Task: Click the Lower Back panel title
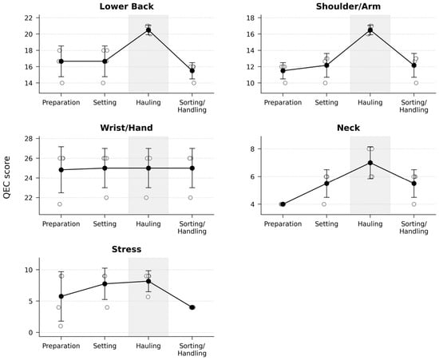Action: coord(127,6)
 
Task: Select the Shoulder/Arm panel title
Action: coord(348,6)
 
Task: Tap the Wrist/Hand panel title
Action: coord(127,128)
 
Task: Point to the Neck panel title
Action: coord(348,128)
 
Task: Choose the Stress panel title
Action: coord(127,249)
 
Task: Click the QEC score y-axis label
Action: coord(6,177)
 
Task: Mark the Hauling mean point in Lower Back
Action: coord(148,30)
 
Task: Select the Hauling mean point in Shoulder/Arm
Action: coord(370,30)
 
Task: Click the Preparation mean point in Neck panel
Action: coord(283,204)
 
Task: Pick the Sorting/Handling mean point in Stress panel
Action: coord(192,307)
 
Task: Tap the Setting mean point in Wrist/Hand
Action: coord(105,168)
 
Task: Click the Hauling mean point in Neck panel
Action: coord(370,163)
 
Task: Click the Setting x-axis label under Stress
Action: coord(105,346)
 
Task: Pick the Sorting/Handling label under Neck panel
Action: coord(413,227)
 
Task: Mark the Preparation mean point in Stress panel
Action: coord(61,296)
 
